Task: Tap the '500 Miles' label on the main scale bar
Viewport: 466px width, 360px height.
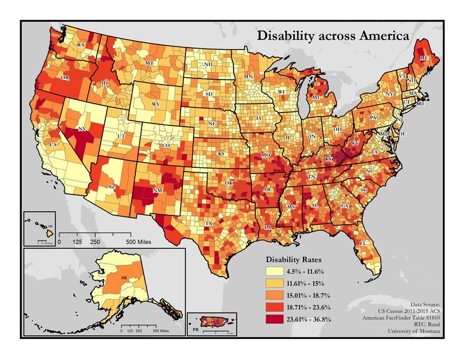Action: point(140,242)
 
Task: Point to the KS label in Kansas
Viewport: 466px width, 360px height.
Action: point(221,153)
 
